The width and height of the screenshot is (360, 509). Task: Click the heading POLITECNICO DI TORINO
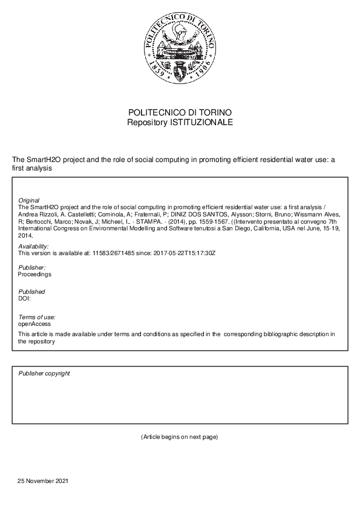pos(180,113)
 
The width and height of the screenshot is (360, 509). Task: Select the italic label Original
pos(29,200)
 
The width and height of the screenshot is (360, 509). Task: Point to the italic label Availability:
pos(34,247)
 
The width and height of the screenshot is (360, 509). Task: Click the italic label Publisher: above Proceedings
pos(32,268)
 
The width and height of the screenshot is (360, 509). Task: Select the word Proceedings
pos(34,274)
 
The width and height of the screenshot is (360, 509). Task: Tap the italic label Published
pos(31,292)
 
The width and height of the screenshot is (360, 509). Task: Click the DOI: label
pos(25,298)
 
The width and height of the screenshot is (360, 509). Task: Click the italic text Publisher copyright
pos(44,374)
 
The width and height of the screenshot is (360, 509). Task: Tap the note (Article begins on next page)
pos(179,436)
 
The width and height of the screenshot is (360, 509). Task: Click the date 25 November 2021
pos(43,481)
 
